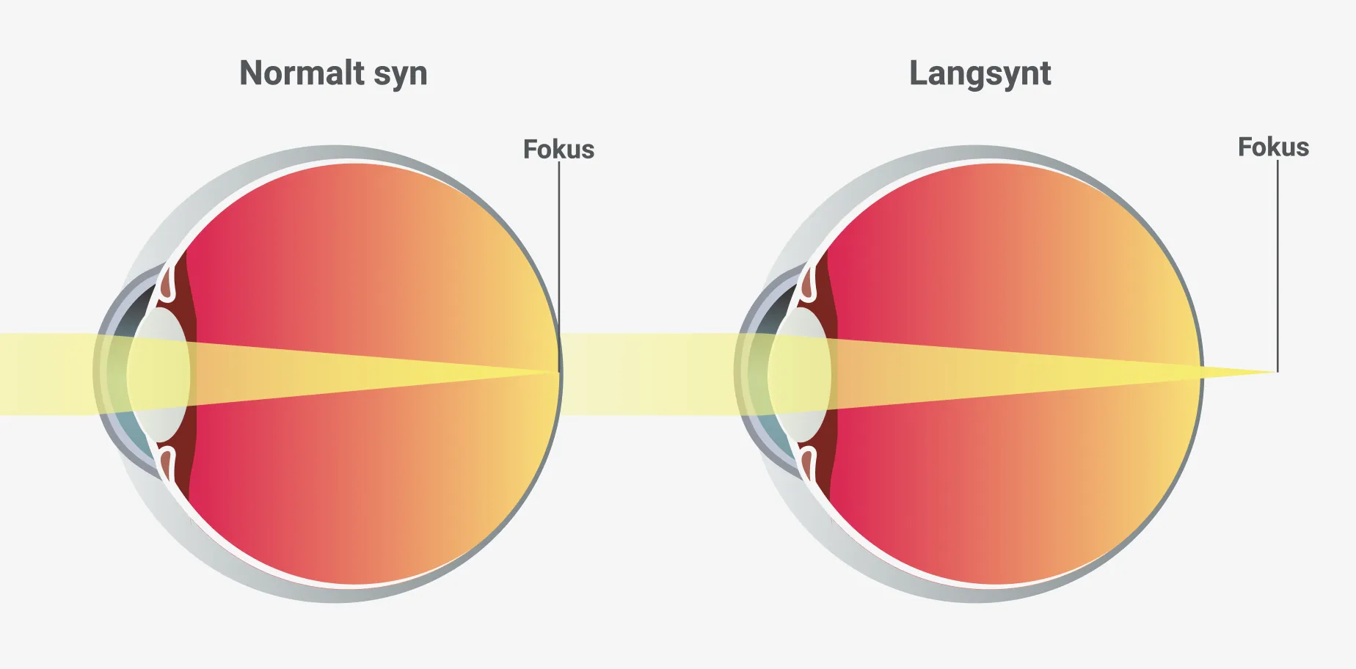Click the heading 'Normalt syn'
(333, 74)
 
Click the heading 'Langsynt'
(980, 74)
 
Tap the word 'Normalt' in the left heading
(302, 73)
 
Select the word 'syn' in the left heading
(401, 77)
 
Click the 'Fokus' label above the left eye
(558, 149)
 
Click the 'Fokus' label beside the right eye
(1273, 147)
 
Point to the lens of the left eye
(158, 374)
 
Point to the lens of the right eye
(799, 374)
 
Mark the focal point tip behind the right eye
(1277, 372)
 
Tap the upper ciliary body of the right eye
(809, 282)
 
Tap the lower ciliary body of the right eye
(809, 466)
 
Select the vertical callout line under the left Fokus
(559, 267)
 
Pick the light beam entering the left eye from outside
(48, 374)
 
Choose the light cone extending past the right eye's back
(1239, 372)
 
